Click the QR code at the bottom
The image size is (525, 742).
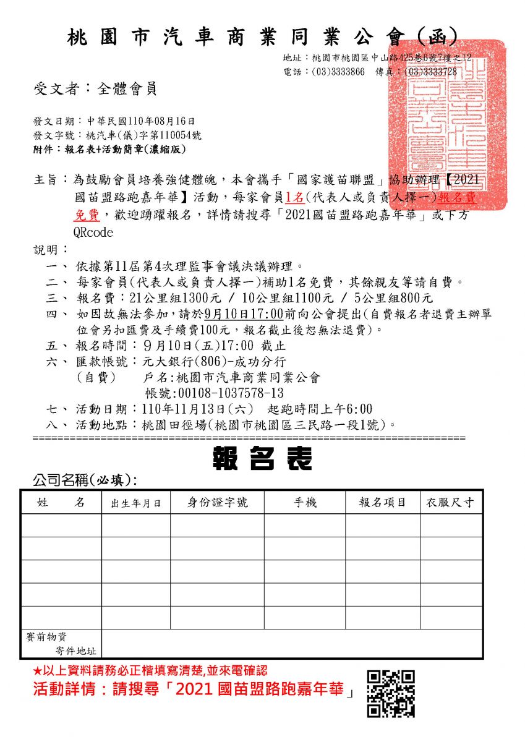coord(391,694)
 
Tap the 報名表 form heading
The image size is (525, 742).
coord(262,459)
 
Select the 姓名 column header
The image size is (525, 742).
coord(61,503)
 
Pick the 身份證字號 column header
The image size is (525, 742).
coord(218,503)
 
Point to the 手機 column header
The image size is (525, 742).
coord(305,503)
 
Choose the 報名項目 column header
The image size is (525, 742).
coord(383,503)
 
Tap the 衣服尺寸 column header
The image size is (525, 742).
coord(451,503)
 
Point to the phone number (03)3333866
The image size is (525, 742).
coord(338,72)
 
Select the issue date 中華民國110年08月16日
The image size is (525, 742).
coord(140,121)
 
